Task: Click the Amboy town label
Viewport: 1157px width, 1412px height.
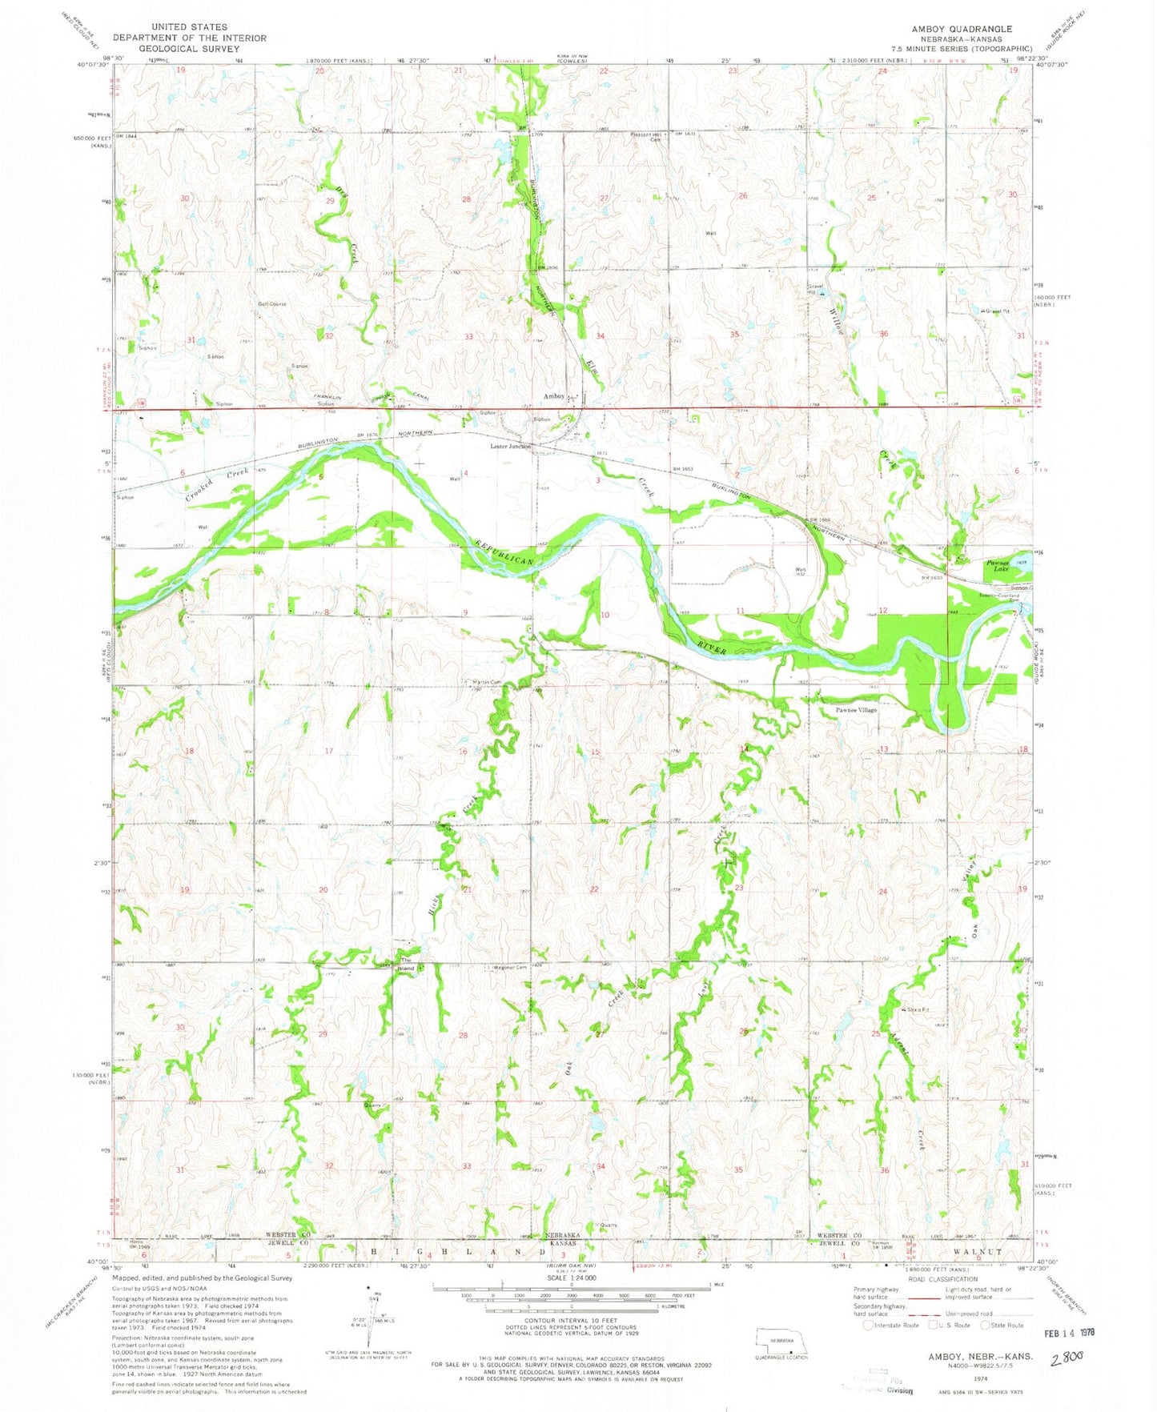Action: [554, 396]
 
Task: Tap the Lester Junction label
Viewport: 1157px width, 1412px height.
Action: [511, 447]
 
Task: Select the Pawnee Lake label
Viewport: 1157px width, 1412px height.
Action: [997, 565]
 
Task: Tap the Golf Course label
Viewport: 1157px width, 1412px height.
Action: [272, 304]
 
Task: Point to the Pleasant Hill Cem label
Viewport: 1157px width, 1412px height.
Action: [646, 135]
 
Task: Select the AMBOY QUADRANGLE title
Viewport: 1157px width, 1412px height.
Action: [961, 29]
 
